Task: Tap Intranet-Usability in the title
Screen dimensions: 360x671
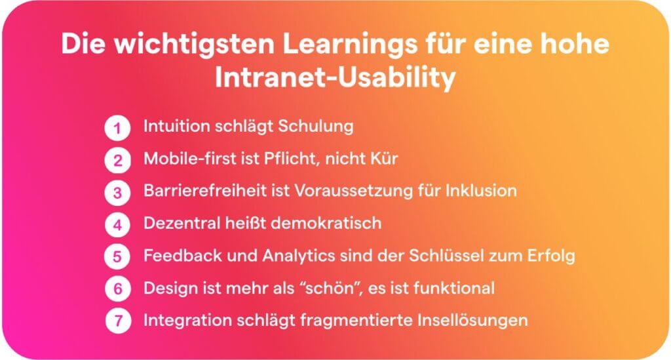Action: [x=335, y=77]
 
